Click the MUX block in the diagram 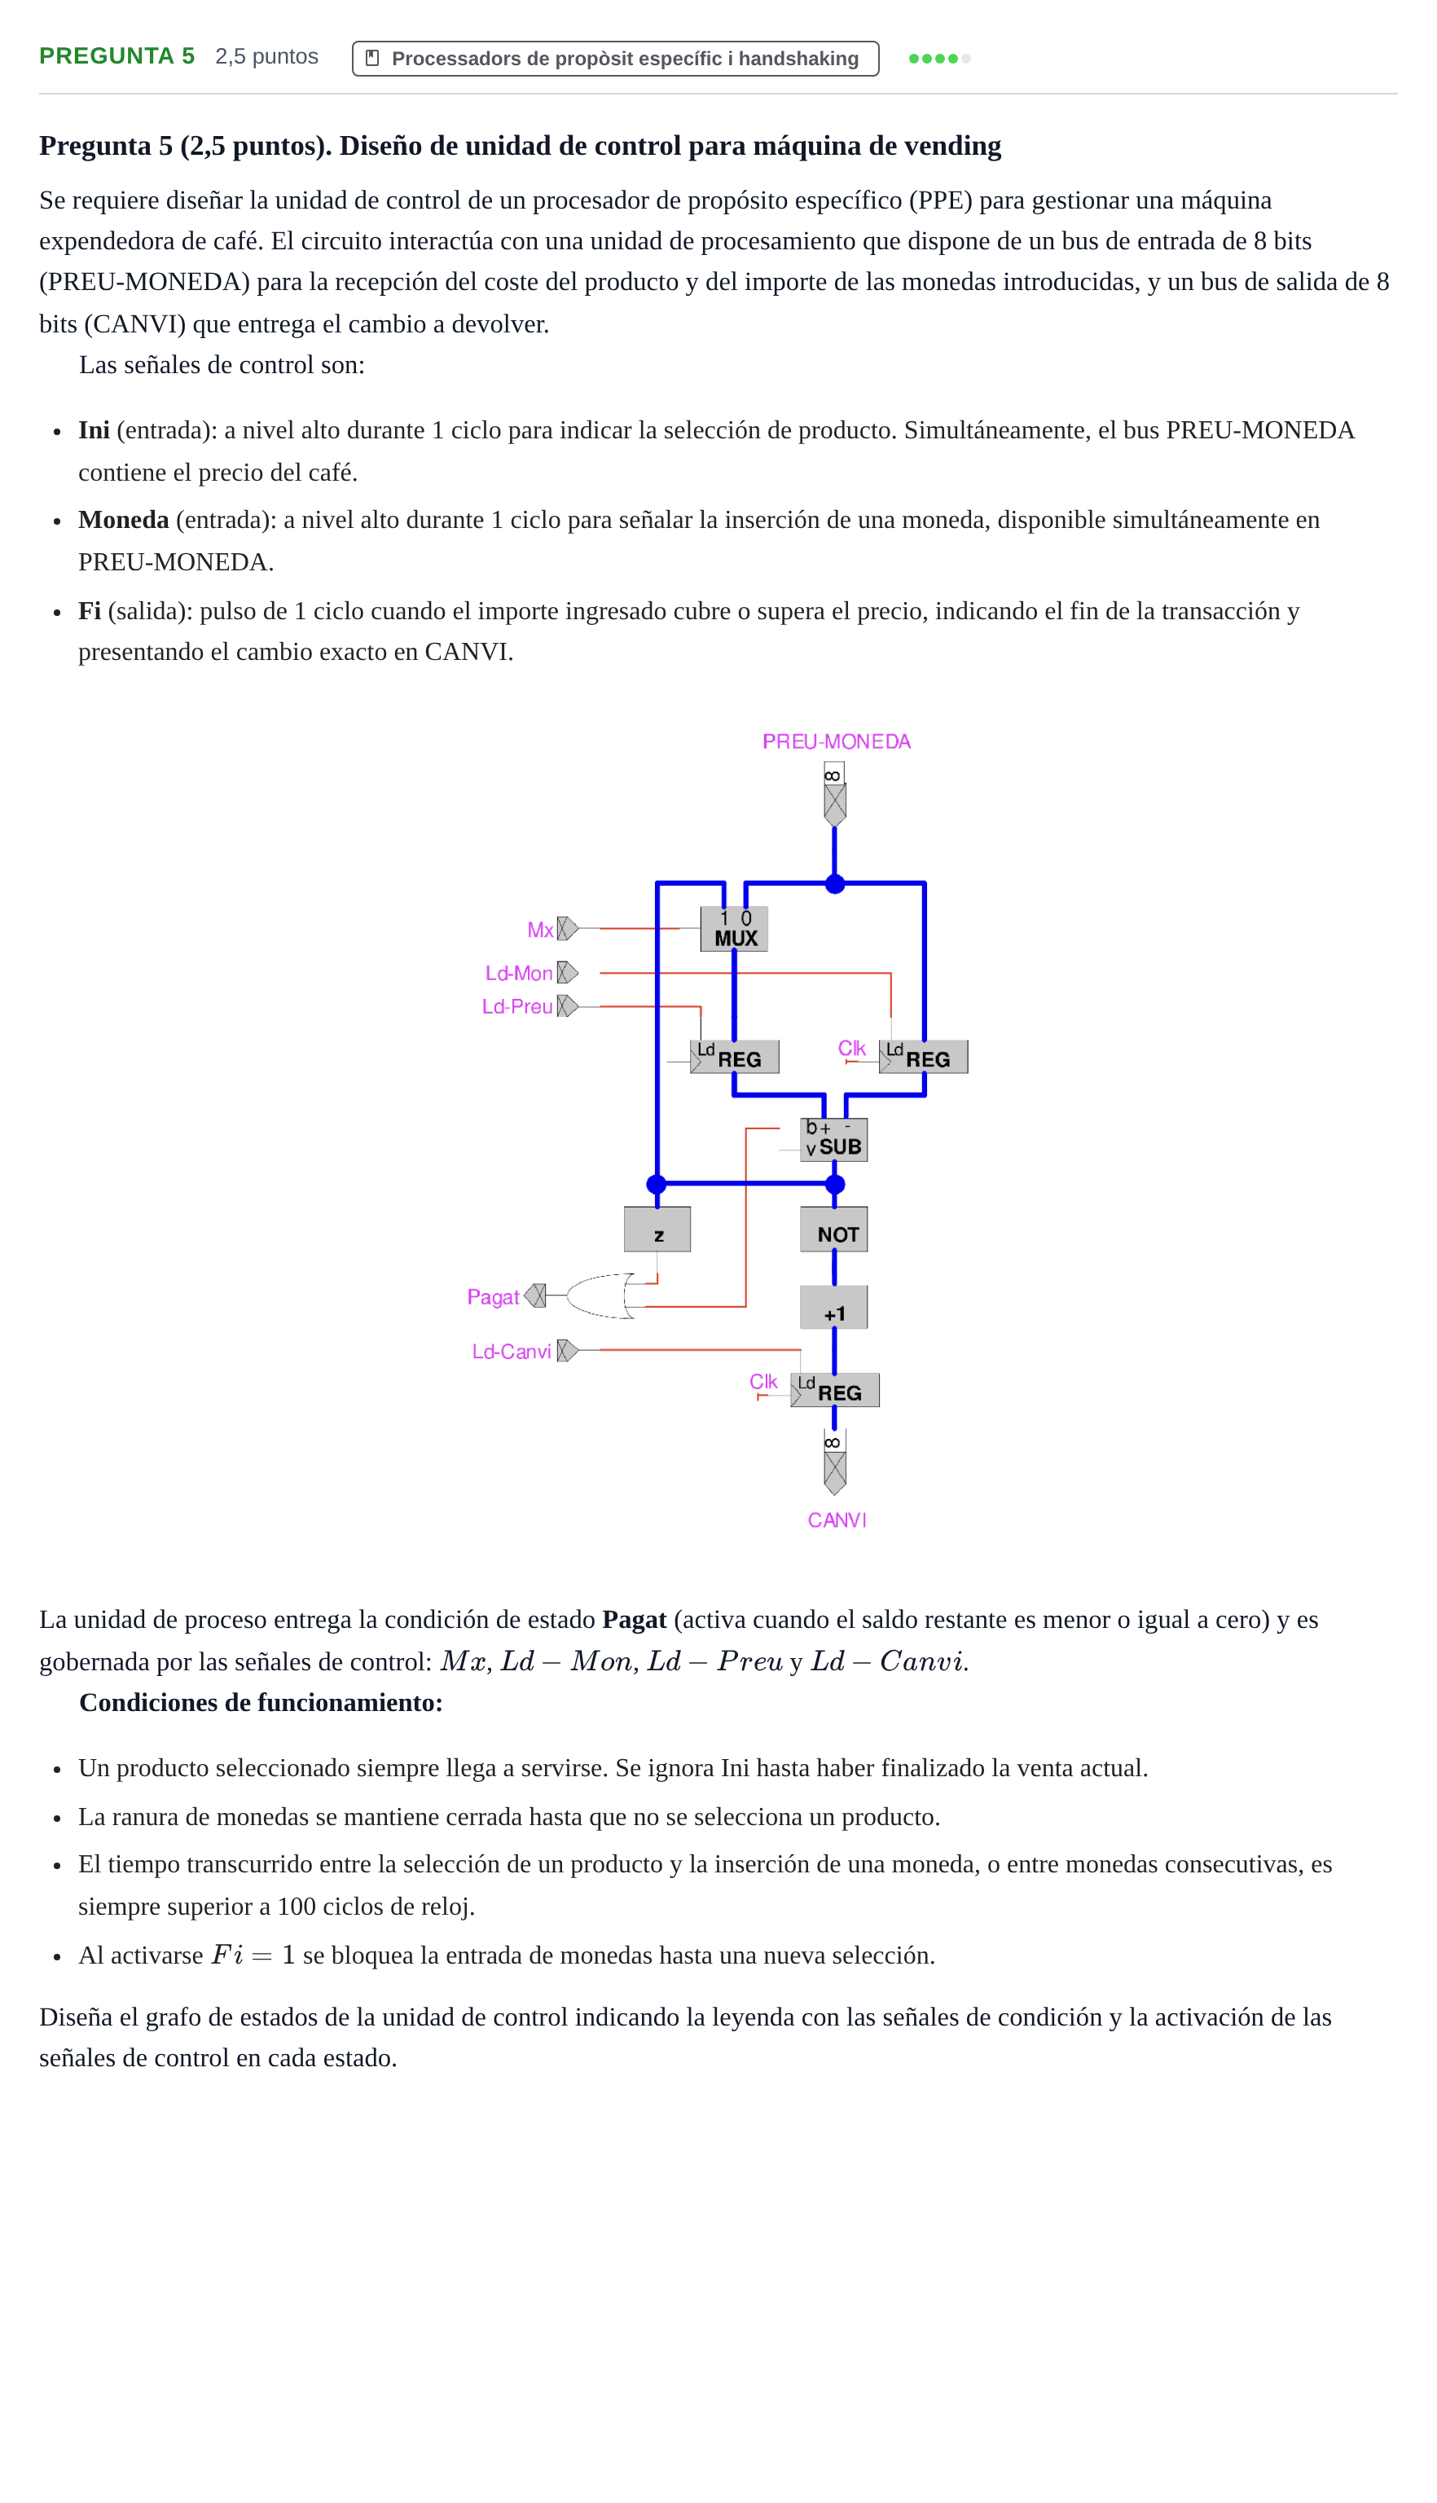(x=733, y=929)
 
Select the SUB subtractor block (x=834, y=1139)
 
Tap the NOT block (x=834, y=1229)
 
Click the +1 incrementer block (x=834, y=1307)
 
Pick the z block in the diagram (x=657, y=1229)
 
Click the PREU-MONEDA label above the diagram (x=836, y=741)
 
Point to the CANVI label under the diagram (x=837, y=1520)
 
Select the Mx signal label (x=540, y=930)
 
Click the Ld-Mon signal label (x=518, y=973)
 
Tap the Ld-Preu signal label (x=517, y=1007)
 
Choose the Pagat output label (x=493, y=1297)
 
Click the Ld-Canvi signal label (x=512, y=1351)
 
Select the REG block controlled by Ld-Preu (x=734, y=1057)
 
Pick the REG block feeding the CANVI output (x=835, y=1391)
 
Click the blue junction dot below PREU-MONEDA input (x=835, y=883)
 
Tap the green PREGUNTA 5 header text (x=117, y=56)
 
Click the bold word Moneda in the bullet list (x=123, y=520)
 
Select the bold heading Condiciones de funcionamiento (x=261, y=1703)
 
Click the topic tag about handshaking (x=616, y=58)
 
